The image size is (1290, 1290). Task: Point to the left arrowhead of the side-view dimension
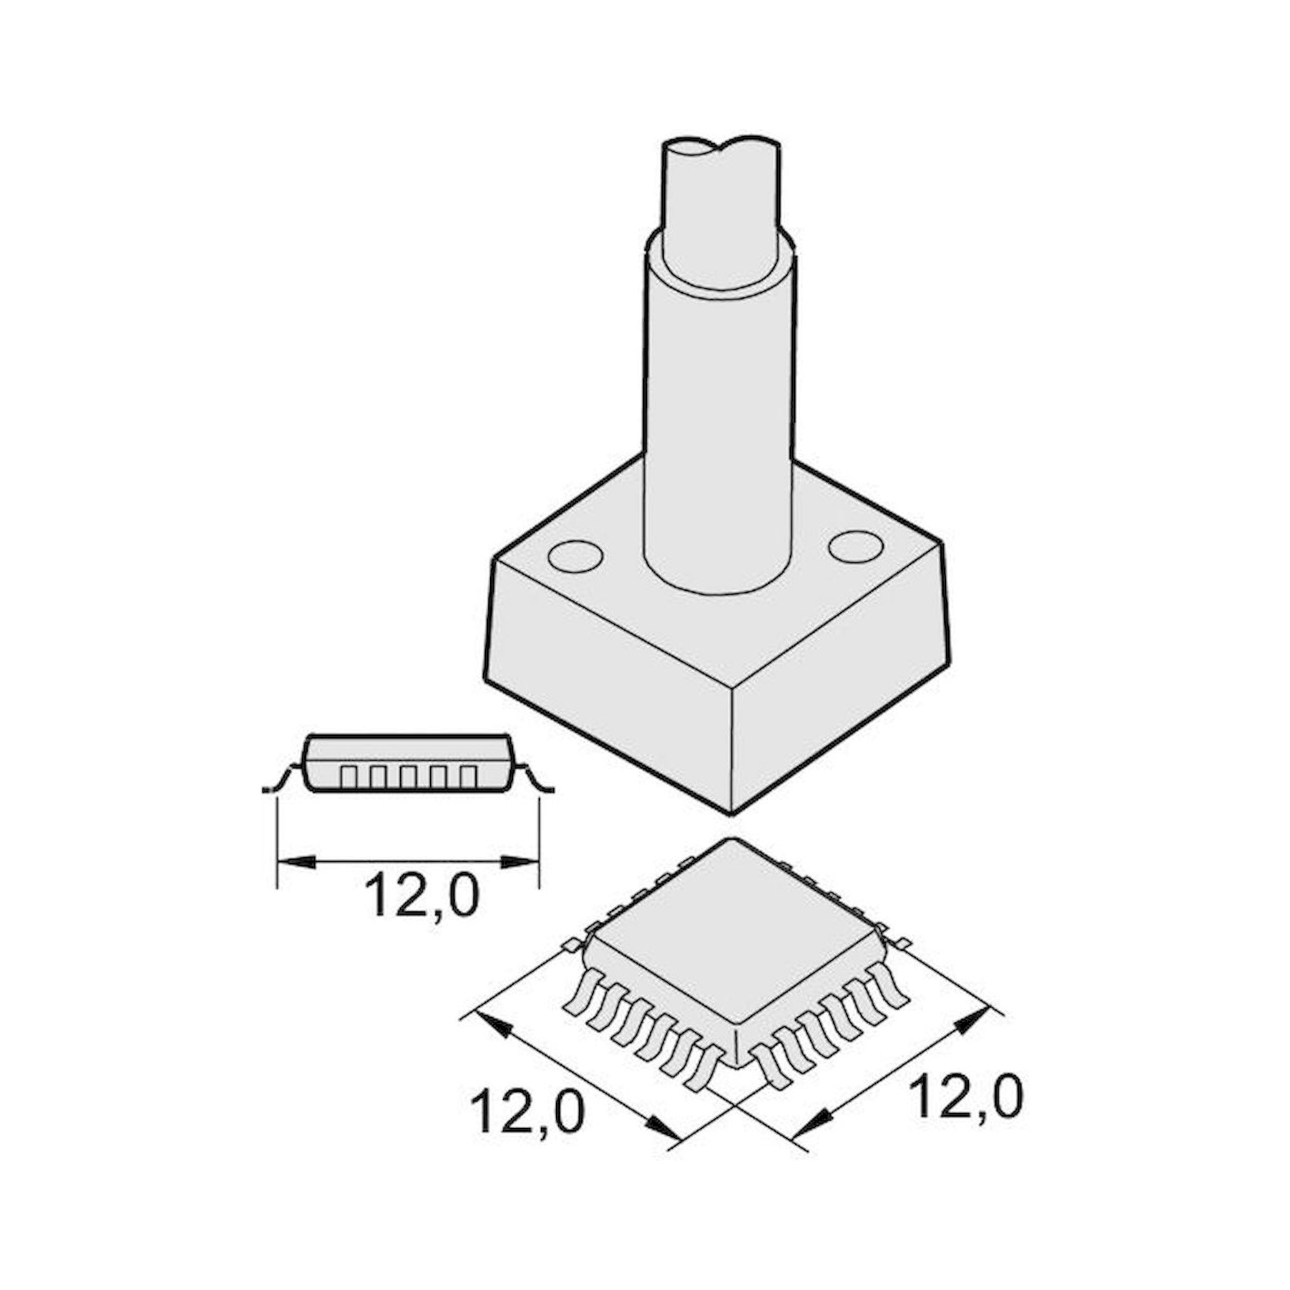pyautogui.click(x=293, y=862)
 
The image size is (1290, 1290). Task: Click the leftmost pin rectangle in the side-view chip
pyautogui.click(x=348, y=776)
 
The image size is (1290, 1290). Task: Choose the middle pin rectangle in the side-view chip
pyautogui.click(x=408, y=776)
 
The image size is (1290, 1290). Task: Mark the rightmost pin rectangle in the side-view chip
pyautogui.click(x=468, y=776)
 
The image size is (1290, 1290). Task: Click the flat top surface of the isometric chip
pyautogui.click(x=735, y=935)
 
